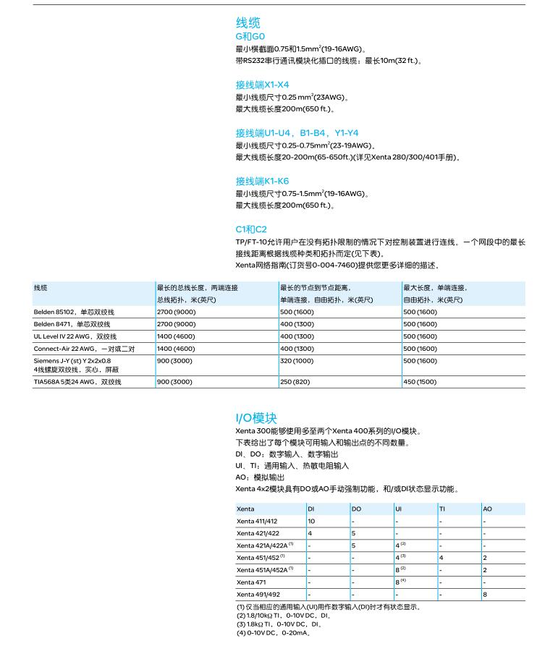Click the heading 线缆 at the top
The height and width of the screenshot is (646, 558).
[x=248, y=24]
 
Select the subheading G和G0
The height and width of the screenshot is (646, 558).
[x=250, y=37]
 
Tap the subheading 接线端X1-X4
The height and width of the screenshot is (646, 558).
[x=262, y=85]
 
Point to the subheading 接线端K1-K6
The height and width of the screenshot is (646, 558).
[x=262, y=181]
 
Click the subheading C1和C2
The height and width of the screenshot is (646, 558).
[x=251, y=229]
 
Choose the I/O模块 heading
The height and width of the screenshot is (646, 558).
[x=256, y=418]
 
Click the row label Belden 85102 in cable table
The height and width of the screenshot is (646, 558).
[x=74, y=312]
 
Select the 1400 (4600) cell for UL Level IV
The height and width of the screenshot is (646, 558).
[x=176, y=336]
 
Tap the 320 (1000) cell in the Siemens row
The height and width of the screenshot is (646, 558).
[x=297, y=360]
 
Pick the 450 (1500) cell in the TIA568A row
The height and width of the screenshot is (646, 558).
[x=420, y=381]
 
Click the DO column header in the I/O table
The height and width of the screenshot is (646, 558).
[x=356, y=509]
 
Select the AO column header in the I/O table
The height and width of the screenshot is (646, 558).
[x=487, y=509]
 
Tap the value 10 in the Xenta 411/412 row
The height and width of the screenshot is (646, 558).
[x=311, y=521]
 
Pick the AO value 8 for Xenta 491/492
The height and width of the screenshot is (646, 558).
[x=485, y=594]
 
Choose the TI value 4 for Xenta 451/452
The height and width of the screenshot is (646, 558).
[x=441, y=558]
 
